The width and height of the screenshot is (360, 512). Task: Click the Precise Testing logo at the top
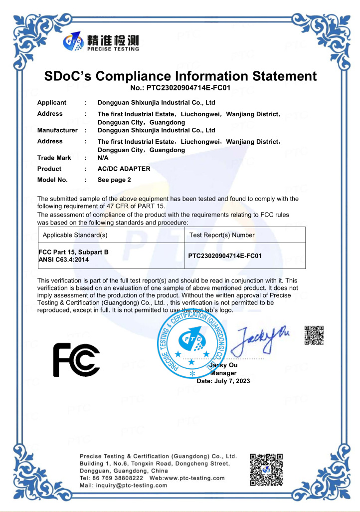click(x=101, y=42)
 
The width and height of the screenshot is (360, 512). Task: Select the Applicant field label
click(x=52, y=103)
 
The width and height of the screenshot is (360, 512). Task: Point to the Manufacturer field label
click(x=57, y=130)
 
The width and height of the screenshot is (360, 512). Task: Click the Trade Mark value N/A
click(x=104, y=158)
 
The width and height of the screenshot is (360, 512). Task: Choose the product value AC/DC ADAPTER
click(x=124, y=169)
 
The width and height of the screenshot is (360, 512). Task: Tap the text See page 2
click(x=114, y=180)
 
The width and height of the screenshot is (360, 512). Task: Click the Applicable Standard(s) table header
click(x=75, y=235)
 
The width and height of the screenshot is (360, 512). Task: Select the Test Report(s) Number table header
click(x=222, y=235)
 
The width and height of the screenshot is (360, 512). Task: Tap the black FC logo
click(x=76, y=359)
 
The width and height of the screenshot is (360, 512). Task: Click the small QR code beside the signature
click(x=314, y=335)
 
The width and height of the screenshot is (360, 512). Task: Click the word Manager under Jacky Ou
click(x=223, y=373)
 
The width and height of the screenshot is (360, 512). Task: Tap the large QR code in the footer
click(x=266, y=470)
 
